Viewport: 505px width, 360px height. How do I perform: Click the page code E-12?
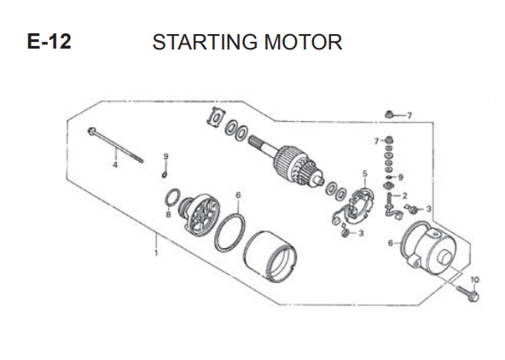coord(49,42)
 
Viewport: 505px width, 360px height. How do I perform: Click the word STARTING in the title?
coord(205,42)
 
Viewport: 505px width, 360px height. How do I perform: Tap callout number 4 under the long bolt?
coord(115,165)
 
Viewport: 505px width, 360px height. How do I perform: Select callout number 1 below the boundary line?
coord(156,253)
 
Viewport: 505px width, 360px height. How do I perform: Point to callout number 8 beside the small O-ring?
coord(168,214)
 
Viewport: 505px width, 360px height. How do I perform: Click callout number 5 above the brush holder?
coord(364,174)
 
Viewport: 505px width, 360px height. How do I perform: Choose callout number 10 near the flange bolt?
coord(475,280)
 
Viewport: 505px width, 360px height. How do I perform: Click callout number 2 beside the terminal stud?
coord(404,195)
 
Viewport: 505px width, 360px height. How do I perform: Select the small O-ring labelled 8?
coord(172,197)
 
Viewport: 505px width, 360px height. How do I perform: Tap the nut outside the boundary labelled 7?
coord(389,114)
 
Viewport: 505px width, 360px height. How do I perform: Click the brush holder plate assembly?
coord(354,207)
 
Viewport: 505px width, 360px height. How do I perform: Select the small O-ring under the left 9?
coord(165,175)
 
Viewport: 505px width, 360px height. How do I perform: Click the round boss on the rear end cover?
coord(444,256)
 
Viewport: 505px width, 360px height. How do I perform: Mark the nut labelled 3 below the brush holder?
coord(345,233)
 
